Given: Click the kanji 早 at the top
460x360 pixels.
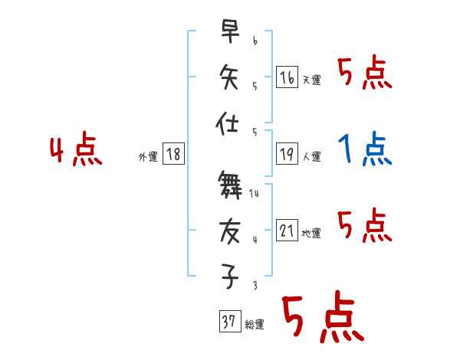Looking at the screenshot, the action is [229, 32].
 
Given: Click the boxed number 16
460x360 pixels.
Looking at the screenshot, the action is [287, 77].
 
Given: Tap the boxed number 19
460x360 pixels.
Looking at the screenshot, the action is [287, 155].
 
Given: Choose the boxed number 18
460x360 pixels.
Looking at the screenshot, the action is [173, 155].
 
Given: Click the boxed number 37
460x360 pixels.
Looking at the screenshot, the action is [228, 322].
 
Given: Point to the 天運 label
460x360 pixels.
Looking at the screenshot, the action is [311, 80].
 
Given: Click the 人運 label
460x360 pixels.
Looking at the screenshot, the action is [311, 157].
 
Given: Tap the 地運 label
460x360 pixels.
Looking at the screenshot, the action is [311, 234].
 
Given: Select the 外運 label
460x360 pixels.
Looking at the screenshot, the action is [148, 157].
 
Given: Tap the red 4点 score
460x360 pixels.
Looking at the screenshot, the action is [76, 150].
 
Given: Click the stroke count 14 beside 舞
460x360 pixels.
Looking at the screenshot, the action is [254, 194].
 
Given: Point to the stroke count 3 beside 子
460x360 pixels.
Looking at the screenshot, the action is [254, 285].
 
